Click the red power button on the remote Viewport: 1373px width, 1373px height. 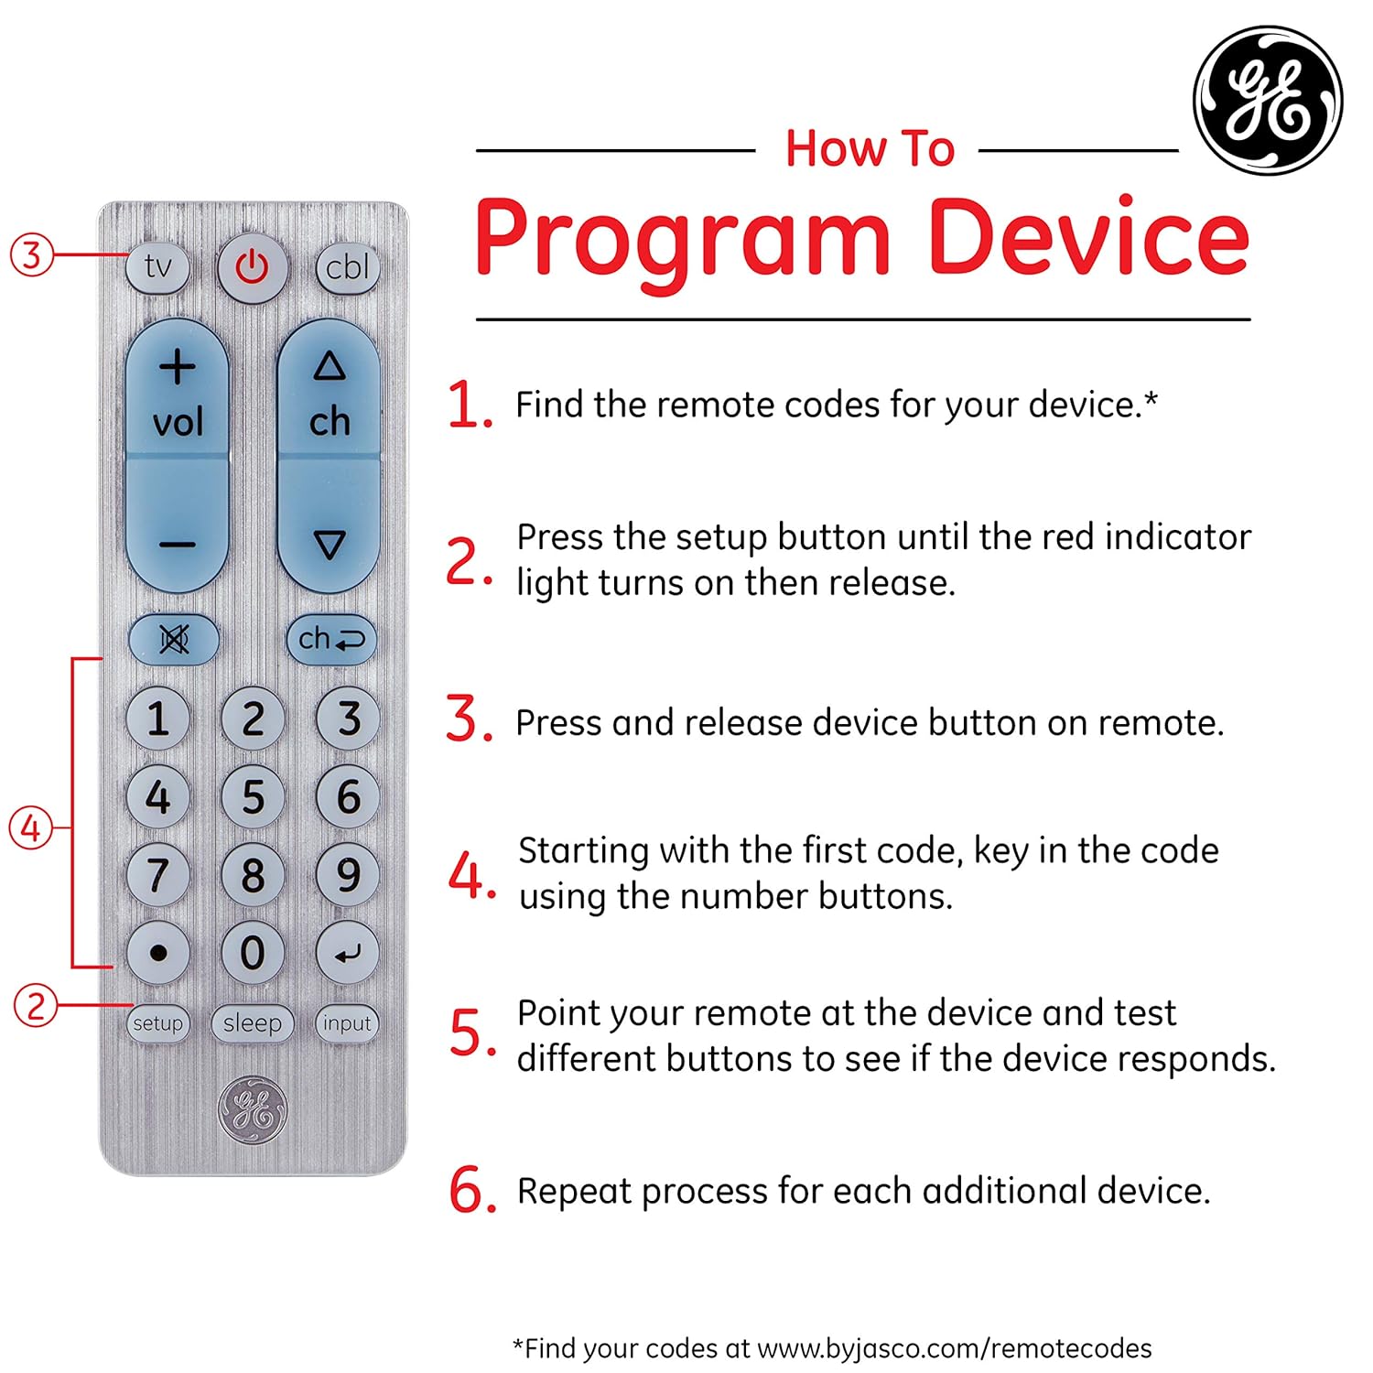coord(252,267)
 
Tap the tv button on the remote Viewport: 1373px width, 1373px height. coord(157,267)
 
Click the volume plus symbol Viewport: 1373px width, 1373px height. coord(177,367)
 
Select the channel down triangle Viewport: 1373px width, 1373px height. coord(330,545)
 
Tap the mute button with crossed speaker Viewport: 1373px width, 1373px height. coord(174,639)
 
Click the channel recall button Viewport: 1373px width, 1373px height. coord(331,639)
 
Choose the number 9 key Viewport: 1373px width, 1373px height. coord(348,875)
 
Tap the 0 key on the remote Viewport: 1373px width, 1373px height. coord(253,953)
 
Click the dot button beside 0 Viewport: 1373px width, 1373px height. coord(157,953)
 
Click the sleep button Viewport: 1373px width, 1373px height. coord(253,1022)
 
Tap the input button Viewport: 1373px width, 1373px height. coord(347,1022)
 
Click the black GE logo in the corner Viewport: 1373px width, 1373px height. coord(1268,101)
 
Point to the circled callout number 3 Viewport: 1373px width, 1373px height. coord(32,254)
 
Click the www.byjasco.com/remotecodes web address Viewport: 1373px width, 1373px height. coord(955,1348)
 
